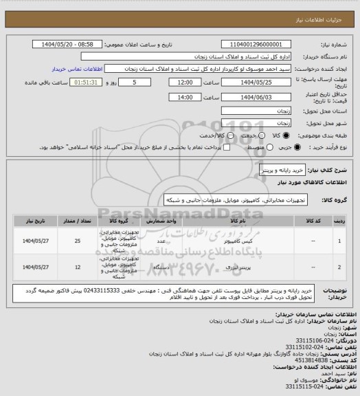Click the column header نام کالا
click(230, 221)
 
